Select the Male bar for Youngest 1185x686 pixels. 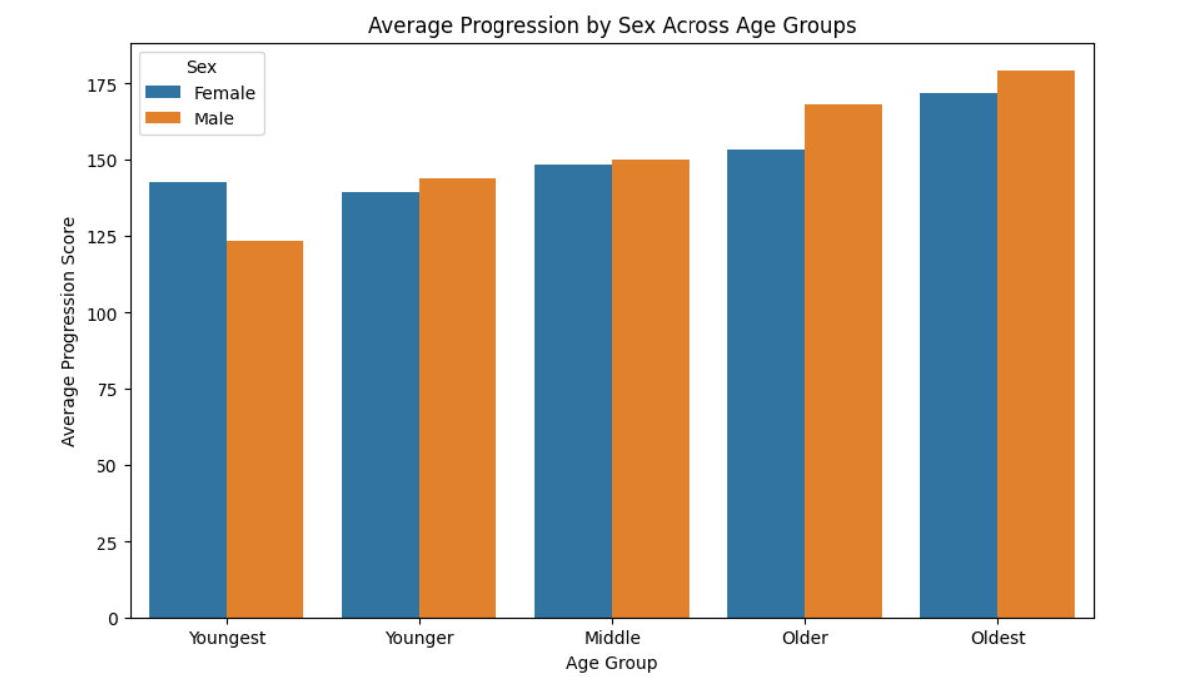pyautogui.click(x=265, y=429)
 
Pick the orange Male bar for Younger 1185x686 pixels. pyautogui.click(x=458, y=398)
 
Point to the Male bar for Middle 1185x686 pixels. pyautogui.click(x=650, y=389)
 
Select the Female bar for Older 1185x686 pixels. pyautogui.click(x=766, y=384)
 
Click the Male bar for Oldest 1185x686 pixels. pyautogui.click(x=1036, y=344)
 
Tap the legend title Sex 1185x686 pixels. pyautogui.click(x=201, y=67)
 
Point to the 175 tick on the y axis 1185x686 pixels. pyautogui.click(x=103, y=84)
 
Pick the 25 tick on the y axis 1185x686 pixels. pyautogui.click(x=108, y=543)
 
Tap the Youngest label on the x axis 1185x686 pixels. pyautogui.click(x=227, y=638)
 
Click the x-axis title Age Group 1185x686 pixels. pyautogui.click(x=611, y=662)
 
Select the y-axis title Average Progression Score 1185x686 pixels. pyautogui.click(x=68, y=331)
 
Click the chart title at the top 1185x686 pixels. pyautogui.click(x=611, y=26)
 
